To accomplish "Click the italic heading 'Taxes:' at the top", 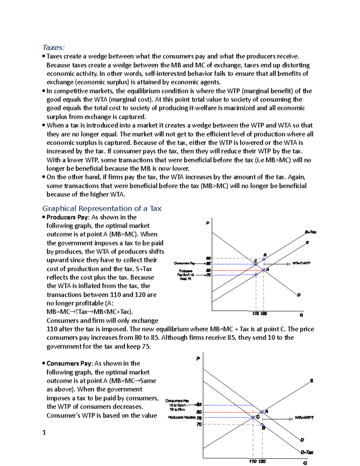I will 53,47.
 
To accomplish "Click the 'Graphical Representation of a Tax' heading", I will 102,209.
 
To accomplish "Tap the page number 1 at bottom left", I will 44,432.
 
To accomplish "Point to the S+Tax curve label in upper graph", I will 310,232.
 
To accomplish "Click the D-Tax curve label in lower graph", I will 307,452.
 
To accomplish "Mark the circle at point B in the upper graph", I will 264,259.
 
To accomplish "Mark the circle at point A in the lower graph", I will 262,412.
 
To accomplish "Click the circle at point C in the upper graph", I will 256,264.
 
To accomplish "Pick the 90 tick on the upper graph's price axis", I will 208,258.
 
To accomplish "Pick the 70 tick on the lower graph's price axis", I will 199,424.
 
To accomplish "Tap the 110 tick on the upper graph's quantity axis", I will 256,314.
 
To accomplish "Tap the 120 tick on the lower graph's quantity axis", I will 262,461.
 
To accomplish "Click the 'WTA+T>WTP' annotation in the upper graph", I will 301,263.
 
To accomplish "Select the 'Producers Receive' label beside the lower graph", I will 181,417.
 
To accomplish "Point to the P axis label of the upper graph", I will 207,223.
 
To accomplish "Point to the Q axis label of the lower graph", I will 305,463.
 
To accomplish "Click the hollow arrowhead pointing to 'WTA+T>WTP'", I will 289,264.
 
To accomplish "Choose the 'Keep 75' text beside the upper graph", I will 185,279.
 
